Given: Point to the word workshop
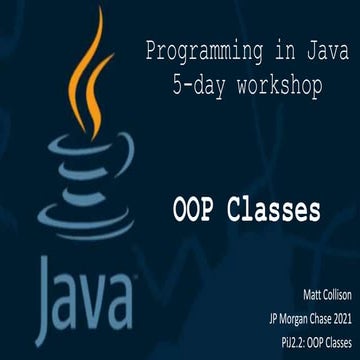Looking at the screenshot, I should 276,87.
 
